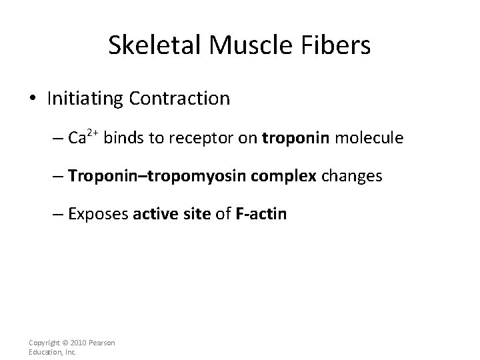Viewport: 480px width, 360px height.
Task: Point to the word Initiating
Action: [85, 99]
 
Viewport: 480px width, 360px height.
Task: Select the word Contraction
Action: [179, 99]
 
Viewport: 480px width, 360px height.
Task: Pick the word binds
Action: [123, 138]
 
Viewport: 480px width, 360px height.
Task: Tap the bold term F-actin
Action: [261, 215]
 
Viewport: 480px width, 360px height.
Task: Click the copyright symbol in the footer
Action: [63, 343]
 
